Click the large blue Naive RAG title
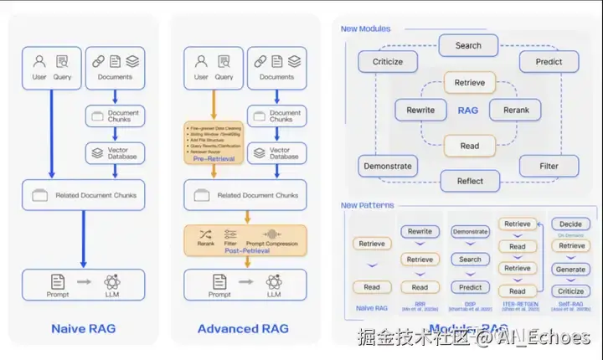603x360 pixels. [x=83, y=328]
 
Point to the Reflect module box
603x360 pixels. [x=470, y=181]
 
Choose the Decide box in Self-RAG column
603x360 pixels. [x=571, y=224]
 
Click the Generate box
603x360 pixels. [x=571, y=269]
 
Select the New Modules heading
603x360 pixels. [x=365, y=28]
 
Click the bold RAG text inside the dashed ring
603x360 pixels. [x=468, y=110]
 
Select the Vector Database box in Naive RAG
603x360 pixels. [x=114, y=152]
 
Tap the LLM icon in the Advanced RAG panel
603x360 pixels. [x=274, y=281]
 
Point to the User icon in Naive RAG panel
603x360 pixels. [x=39, y=62]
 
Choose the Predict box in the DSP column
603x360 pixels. [x=470, y=287]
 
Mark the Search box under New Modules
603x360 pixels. [x=468, y=45]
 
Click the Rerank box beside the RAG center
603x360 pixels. [x=516, y=110]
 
